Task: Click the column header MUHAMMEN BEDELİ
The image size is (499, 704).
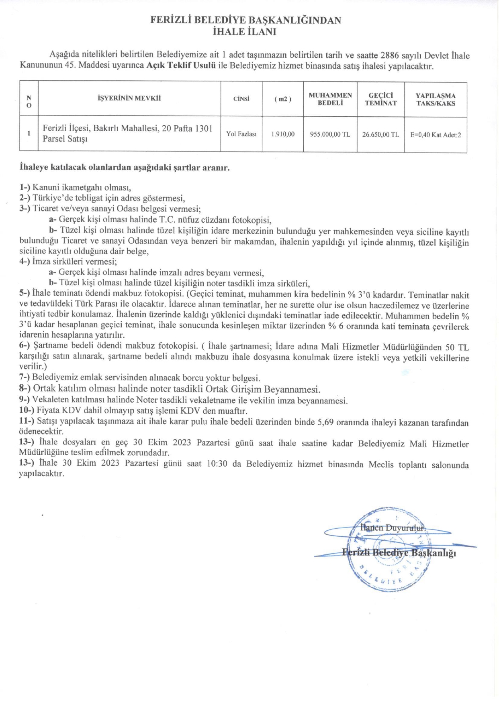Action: coord(330,99)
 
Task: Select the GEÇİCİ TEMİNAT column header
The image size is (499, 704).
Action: coord(380,99)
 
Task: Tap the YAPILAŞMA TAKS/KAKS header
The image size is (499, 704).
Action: coord(436,99)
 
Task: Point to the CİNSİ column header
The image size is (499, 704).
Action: coord(241,99)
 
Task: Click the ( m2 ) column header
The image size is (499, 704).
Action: coord(282,99)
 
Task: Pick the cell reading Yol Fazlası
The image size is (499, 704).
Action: coord(241,134)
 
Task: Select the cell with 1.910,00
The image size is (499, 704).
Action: coord(282,134)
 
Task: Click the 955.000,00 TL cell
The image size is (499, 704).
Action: coord(330,134)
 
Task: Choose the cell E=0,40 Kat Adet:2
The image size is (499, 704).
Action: coord(436,135)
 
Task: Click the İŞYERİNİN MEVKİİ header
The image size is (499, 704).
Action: coord(129,98)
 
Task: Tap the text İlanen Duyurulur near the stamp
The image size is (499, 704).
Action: coord(393,528)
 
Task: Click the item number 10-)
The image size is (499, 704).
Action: coord(27,411)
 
